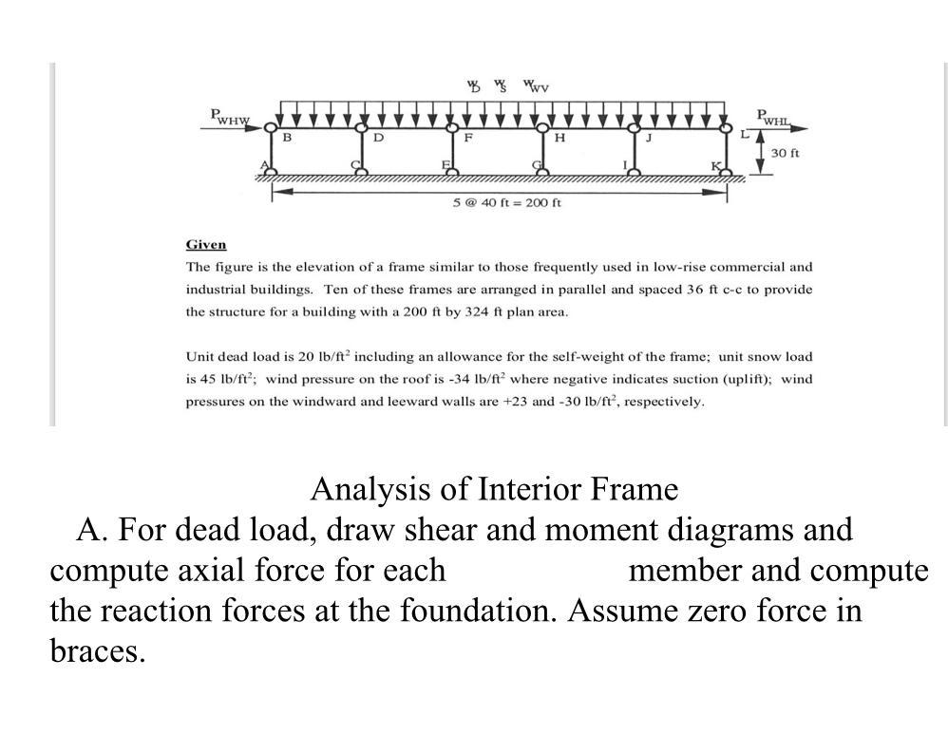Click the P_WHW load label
[228, 117]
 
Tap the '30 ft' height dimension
[785, 153]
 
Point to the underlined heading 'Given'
[206, 245]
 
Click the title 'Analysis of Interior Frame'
[494, 489]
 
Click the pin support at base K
[727, 172]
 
